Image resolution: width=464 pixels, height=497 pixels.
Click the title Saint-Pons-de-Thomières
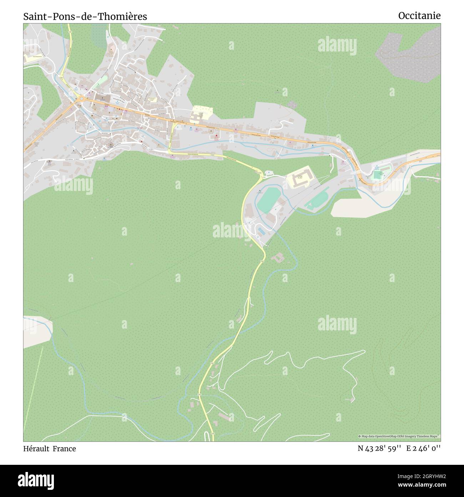pos(85,16)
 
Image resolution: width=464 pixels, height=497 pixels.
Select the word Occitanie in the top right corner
pos(419,15)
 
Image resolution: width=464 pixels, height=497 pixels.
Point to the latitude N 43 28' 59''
pos(380,448)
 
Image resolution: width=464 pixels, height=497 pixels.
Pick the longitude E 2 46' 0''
pos(423,448)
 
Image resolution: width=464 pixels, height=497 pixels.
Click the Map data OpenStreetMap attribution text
pos(398,436)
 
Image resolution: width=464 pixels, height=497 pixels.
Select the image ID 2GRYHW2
pos(427,476)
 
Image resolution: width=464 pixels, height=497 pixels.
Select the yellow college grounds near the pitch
pos(301,177)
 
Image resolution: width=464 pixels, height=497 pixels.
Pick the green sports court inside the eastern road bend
pos(377,175)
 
